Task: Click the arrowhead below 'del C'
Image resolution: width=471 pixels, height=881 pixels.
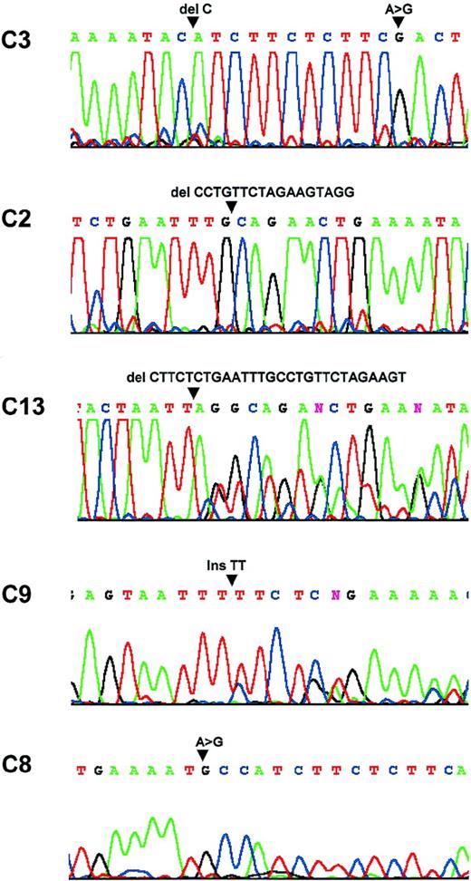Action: coord(192,22)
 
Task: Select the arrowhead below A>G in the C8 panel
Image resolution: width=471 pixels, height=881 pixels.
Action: coord(204,755)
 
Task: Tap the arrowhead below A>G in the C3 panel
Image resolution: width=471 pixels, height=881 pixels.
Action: coord(398,22)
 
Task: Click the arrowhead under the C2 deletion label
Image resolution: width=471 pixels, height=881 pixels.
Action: coord(230,207)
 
